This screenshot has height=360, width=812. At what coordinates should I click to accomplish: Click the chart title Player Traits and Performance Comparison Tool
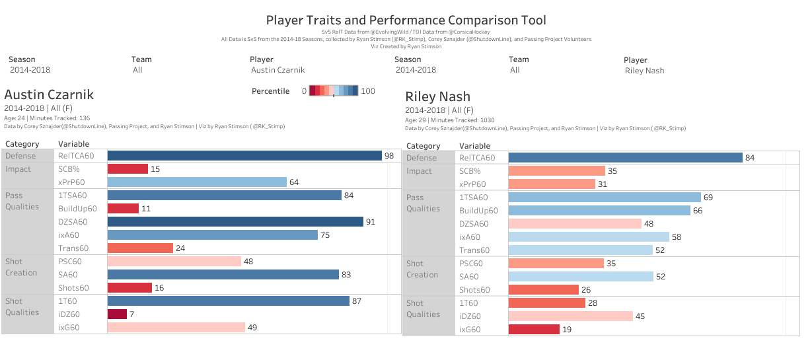point(406,20)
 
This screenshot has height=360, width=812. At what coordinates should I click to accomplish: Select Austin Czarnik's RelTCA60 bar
point(244,156)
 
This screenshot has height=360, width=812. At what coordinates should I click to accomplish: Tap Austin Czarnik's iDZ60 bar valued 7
point(117,314)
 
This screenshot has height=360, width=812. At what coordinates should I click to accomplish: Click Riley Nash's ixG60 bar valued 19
point(534,329)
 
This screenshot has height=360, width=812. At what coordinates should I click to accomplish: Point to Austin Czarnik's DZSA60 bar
point(235,222)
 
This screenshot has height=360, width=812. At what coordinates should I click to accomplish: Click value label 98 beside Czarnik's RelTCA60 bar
point(390,156)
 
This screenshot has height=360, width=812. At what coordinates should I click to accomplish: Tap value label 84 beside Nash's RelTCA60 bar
point(751,158)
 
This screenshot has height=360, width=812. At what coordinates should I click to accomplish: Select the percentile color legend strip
point(334,91)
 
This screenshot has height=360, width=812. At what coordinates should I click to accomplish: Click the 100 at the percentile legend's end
point(368,91)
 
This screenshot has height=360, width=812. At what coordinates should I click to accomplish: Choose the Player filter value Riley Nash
point(644,71)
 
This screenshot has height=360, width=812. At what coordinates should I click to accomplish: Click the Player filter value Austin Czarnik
point(277,70)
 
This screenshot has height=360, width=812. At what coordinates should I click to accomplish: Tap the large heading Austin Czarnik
point(49,94)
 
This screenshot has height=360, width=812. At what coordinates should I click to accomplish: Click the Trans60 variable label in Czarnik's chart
point(73,248)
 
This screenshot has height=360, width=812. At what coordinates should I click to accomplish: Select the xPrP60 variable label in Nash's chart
point(472,184)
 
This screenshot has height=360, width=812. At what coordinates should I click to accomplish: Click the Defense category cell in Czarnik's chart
point(22,156)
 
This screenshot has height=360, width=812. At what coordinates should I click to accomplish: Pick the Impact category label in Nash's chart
point(419,171)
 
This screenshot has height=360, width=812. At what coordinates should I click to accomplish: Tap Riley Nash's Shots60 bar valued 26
point(543,289)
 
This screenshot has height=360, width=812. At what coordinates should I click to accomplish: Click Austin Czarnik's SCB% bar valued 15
point(128,169)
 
